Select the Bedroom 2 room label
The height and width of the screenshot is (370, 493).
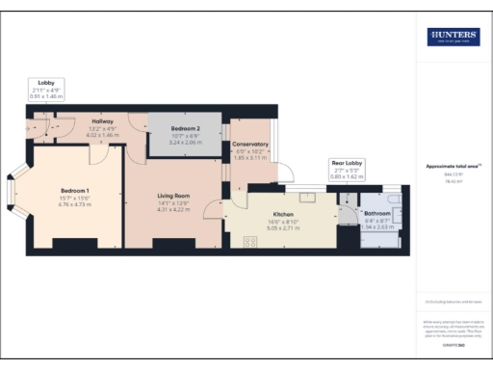pyautogui.click(x=185, y=128)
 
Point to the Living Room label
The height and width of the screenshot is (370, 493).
pyautogui.click(x=174, y=197)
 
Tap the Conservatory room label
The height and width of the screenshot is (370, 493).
pyautogui.click(x=250, y=145)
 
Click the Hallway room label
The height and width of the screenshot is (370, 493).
pyautogui.click(x=101, y=121)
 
